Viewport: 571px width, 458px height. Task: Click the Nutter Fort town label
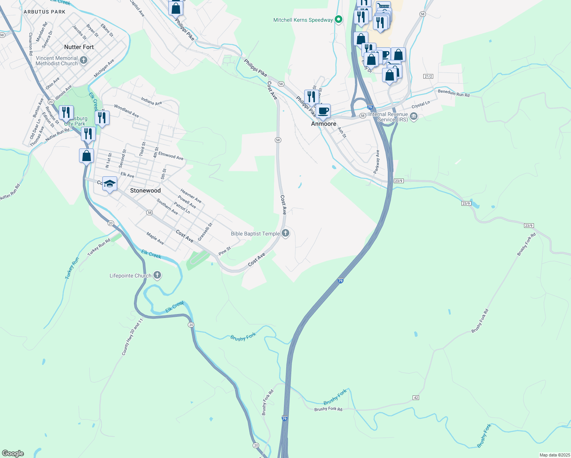[x=79, y=47]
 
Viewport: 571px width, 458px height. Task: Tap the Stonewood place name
[x=145, y=190]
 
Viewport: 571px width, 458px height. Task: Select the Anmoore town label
[x=324, y=124]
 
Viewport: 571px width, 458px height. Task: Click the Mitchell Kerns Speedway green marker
[x=338, y=19]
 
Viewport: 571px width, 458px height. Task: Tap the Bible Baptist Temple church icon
[x=285, y=233]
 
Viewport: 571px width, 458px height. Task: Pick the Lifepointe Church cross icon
[x=157, y=275]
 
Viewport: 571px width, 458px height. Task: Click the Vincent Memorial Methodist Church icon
[x=84, y=60]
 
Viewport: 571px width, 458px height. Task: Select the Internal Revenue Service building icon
[x=413, y=116]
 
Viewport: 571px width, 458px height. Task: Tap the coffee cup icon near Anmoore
[x=323, y=111]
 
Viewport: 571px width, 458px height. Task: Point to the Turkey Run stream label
[x=72, y=268]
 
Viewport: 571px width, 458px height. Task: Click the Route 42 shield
[x=416, y=398]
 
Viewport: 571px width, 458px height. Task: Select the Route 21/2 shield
[x=428, y=76]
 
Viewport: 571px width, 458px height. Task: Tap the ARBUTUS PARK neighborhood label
[x=45, y=12]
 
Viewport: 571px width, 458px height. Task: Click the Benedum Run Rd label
[x=454, y=93]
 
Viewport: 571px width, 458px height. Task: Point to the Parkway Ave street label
[x=377, y=161]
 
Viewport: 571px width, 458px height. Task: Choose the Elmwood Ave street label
[x=171, y=156]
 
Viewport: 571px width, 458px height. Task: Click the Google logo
[x=13, y=453]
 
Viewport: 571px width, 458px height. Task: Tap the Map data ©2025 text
[x=554, y=455]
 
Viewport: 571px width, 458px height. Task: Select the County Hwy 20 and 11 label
[x=132, y=337]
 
